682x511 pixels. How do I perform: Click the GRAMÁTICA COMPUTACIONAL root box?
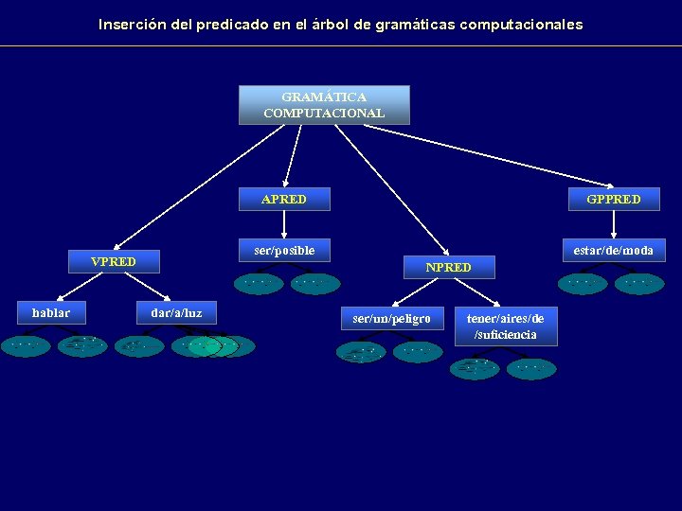[324, 105]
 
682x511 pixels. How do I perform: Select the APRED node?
[283, 199]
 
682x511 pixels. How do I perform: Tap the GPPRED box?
[614, 199]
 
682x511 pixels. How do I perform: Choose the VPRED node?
[113, 261]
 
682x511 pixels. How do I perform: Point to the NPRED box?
[448, 268]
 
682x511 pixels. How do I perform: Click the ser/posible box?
[284, 251]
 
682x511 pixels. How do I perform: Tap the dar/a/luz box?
[176, 312]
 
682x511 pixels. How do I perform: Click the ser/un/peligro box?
[391, 319]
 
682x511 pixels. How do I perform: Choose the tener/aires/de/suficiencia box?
[506, 326]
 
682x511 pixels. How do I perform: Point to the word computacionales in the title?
[521, 25]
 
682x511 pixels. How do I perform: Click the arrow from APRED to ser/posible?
[284, 224]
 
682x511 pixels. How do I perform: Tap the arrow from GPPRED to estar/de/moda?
[614, 224]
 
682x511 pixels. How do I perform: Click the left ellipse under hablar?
[26, 345]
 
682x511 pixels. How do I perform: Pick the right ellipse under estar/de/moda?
[640, 282]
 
